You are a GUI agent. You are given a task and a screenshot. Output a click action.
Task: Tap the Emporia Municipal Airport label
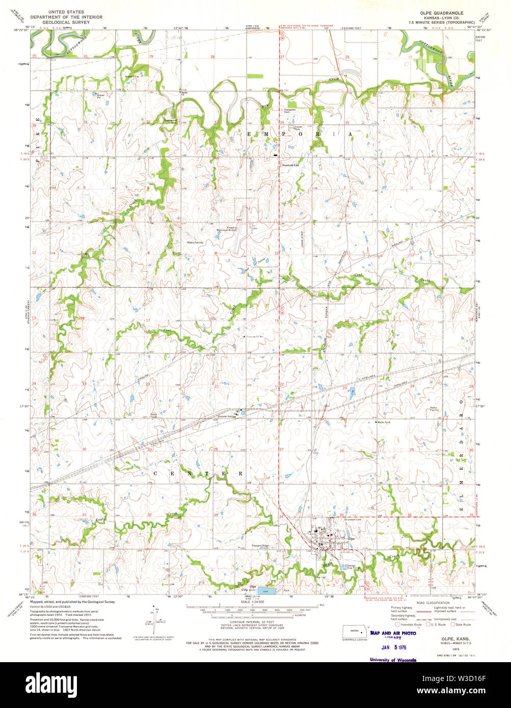point(236,229)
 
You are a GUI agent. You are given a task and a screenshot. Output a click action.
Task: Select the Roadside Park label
point(292,165)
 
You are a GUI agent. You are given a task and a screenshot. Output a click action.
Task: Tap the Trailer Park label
point(297,128)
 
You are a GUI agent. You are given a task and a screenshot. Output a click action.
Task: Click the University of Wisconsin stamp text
point(392,660)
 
